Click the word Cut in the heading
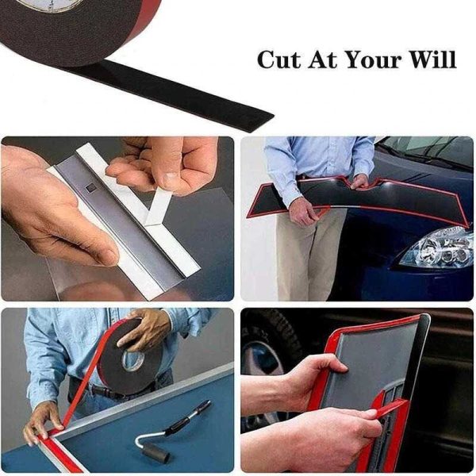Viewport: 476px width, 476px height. [x=279, y=59]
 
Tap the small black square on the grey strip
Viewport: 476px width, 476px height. [x=90, y=187]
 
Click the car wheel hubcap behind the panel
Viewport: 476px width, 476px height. [x=263, y=359]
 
